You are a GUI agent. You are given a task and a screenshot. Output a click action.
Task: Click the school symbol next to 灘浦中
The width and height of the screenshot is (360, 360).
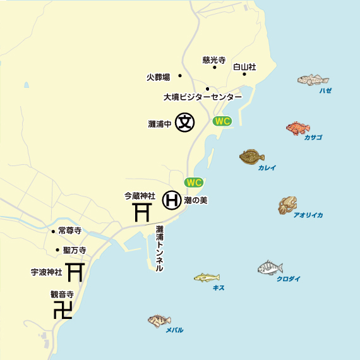[x=184, y=122]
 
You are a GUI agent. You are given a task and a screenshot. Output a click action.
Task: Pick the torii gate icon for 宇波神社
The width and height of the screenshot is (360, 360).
[x=75, y=272]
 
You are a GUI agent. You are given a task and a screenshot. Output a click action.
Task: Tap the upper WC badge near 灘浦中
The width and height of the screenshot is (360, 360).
[x=222, y=121]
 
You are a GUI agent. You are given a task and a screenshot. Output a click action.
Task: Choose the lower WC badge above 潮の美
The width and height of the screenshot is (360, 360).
[x=193, y=183]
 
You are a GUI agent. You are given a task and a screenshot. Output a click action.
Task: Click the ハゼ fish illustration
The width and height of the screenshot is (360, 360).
[x=313, y=80]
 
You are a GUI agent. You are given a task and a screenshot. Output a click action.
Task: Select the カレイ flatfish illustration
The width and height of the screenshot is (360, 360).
[x=252, y=157]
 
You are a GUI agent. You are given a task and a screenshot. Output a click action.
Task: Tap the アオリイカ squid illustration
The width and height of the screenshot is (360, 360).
[x=287, y=205]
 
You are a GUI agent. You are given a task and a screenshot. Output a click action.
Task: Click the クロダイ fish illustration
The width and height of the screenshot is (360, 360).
[x=270, y=268]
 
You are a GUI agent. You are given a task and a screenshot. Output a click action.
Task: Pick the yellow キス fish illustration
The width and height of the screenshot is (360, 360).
[x=207, y=277]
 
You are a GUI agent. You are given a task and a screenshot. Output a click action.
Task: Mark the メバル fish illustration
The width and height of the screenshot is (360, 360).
[x=160, y=321]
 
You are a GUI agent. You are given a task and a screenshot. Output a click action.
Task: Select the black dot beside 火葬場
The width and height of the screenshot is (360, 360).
[x=180, y=76]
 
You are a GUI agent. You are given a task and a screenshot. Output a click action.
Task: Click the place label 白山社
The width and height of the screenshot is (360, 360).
[x=244, y=66]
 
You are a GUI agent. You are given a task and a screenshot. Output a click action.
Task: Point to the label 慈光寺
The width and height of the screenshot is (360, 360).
[x=214, y=59]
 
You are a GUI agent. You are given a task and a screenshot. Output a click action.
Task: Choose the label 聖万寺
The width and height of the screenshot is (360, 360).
[x=75, y=250]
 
